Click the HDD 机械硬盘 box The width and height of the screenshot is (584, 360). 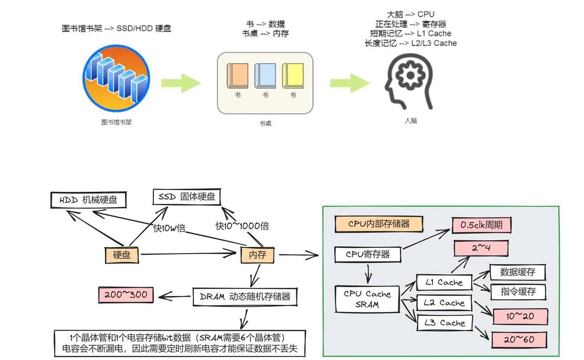[x=88, y=200]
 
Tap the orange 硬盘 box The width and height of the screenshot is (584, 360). [x=121, y=255]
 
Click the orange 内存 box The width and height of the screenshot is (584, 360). [x=257, y=255]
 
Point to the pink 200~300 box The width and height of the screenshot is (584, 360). [x=125, y=295]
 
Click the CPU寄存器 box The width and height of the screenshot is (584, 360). [x=368, y=255]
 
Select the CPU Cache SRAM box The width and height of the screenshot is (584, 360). [x=367, y=299]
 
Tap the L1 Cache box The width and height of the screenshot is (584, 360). [x=443, y=282]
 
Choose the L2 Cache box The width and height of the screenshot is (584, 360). [x=443, y=303]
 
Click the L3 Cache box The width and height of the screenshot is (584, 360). [x=443, y=323]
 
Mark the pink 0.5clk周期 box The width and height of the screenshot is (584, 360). [x=482, y=225]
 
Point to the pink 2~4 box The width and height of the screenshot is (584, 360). [x=481, y=248]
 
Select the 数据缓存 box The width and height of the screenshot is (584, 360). [x=517, y=272]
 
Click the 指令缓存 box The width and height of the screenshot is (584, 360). [x=517, y=292]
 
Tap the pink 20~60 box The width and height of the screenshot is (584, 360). [x=519, y=340]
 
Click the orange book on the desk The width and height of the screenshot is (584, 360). [x=238, y=75]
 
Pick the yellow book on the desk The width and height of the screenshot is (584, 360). [x=293, y=75]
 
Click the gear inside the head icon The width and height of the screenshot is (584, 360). [x=408, y=75]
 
